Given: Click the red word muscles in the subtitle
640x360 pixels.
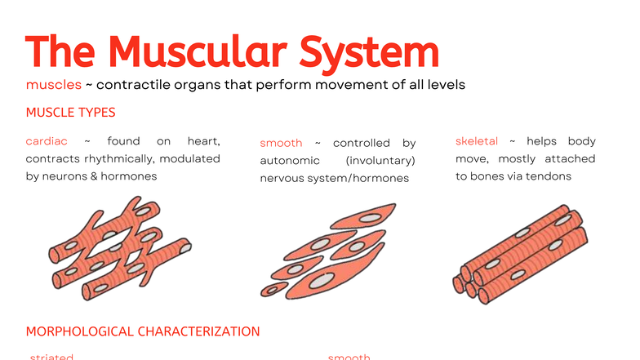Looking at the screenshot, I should point(54,84).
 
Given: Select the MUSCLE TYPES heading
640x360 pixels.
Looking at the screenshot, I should point(70,112).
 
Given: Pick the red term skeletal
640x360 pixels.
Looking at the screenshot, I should point(477,142).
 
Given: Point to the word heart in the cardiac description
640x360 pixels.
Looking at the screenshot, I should point(203,142).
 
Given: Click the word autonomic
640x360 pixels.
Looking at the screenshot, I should point(284,160).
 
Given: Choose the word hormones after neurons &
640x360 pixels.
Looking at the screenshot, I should point(129,176).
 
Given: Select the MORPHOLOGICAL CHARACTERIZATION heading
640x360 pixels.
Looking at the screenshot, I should point(143,331).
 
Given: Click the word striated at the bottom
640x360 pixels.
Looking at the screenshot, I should point(51,357).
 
